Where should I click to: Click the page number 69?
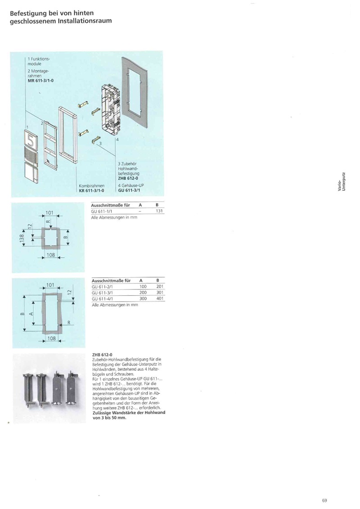(x=324, y=500)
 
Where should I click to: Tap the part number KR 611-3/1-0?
(x=91, y=190)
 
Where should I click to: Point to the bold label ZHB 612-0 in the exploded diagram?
(x=128, y=178)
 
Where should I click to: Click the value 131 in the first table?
(x=159, y=211)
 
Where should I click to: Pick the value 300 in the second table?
(x=143, y=299)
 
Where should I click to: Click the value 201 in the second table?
(x=160, y=287)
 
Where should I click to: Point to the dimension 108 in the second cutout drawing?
(x=51, y=338)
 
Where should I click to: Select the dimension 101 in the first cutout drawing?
(x=49, y=212)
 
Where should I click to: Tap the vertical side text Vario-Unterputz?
(x=341, y=182)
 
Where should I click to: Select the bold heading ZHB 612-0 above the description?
(x=102, y=355)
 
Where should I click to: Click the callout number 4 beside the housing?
(x=117, y=140)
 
